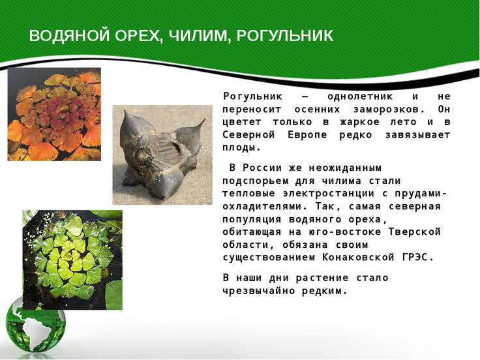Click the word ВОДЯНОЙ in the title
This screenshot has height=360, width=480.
point(70,36)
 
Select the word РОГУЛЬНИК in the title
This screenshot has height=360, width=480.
point(285,36)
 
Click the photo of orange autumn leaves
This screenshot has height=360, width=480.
point(54,114)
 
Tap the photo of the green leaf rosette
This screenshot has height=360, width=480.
point(72,260)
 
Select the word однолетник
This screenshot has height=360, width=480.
point(360,97)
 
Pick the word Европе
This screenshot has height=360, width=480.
point(307,135)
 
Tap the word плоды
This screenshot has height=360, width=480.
point(241,148)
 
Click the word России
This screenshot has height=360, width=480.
point(262,168)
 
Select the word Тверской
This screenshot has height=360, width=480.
point(415,232)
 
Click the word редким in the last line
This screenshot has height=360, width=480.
point(325,291)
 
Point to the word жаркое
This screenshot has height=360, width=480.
point(360,122)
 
